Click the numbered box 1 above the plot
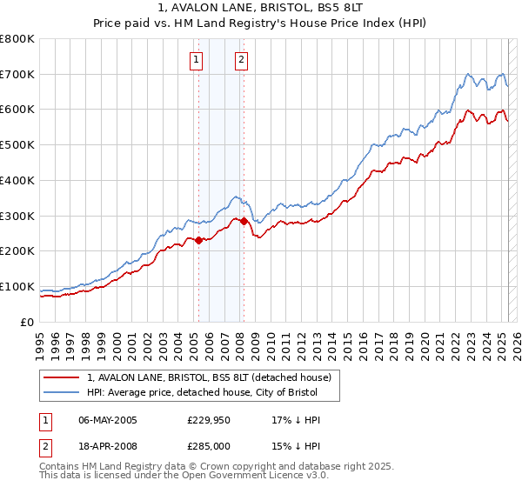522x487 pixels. coord(197,60)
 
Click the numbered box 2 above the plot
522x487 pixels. coord(241,60)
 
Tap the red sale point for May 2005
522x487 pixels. coord(198,241)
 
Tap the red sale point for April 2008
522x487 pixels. coord(244,221)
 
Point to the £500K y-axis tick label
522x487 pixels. coord(17,145)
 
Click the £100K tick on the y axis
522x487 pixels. coord(17,286)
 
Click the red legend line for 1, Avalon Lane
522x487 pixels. coord(61,378)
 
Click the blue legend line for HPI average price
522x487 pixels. coord(61,392)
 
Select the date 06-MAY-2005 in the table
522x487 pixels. coord(108,420)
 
